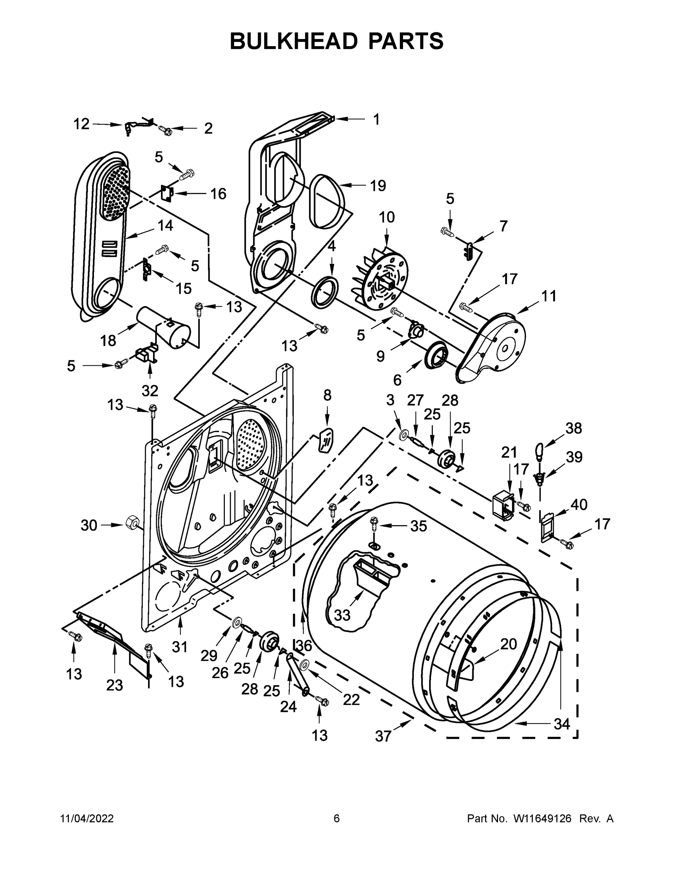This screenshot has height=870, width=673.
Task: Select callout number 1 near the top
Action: coord(376,119)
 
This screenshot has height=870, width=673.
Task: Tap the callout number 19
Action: coord(378,186)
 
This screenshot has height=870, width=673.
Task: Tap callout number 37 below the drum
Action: coord(383,736)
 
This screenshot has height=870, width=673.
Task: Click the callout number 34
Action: coord(561,724)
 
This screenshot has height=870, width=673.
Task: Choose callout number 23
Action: coord(114,685)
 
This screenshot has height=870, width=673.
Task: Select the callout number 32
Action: coord(150,391)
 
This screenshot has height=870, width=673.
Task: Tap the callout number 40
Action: coord(579,504)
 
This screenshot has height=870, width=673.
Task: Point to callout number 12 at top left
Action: coord(81,124)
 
